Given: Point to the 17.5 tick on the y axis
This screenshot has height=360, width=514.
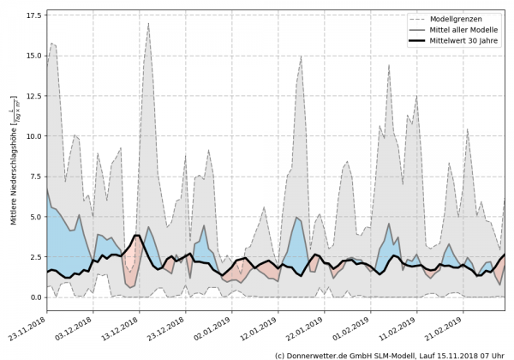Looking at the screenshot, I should (33, 15).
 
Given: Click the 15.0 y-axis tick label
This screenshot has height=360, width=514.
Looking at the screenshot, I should (33, 56).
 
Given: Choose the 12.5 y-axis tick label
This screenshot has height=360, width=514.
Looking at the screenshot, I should (33, 96).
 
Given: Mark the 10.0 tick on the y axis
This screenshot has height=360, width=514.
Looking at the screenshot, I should (33, 136).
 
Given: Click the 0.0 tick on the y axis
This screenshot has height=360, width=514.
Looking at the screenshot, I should (36, 297).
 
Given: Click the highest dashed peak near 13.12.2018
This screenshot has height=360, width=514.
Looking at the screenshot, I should (148, 23).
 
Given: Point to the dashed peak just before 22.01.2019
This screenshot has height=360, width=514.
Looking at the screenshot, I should (302, 56).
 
